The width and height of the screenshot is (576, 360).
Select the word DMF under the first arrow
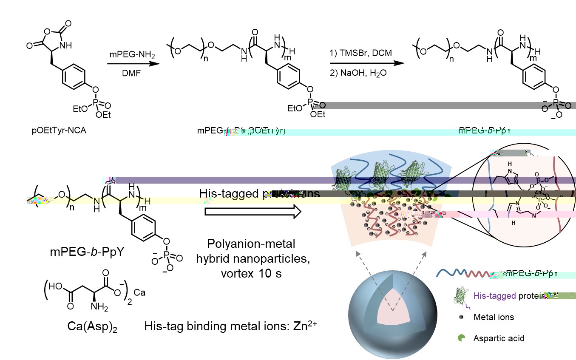(126, 73)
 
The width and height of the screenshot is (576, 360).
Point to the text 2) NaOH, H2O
(358, 73)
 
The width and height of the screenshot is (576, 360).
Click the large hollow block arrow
(253, 212)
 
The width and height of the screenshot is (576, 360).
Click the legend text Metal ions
(494, 317)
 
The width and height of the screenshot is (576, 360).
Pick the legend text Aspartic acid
(499, 338)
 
